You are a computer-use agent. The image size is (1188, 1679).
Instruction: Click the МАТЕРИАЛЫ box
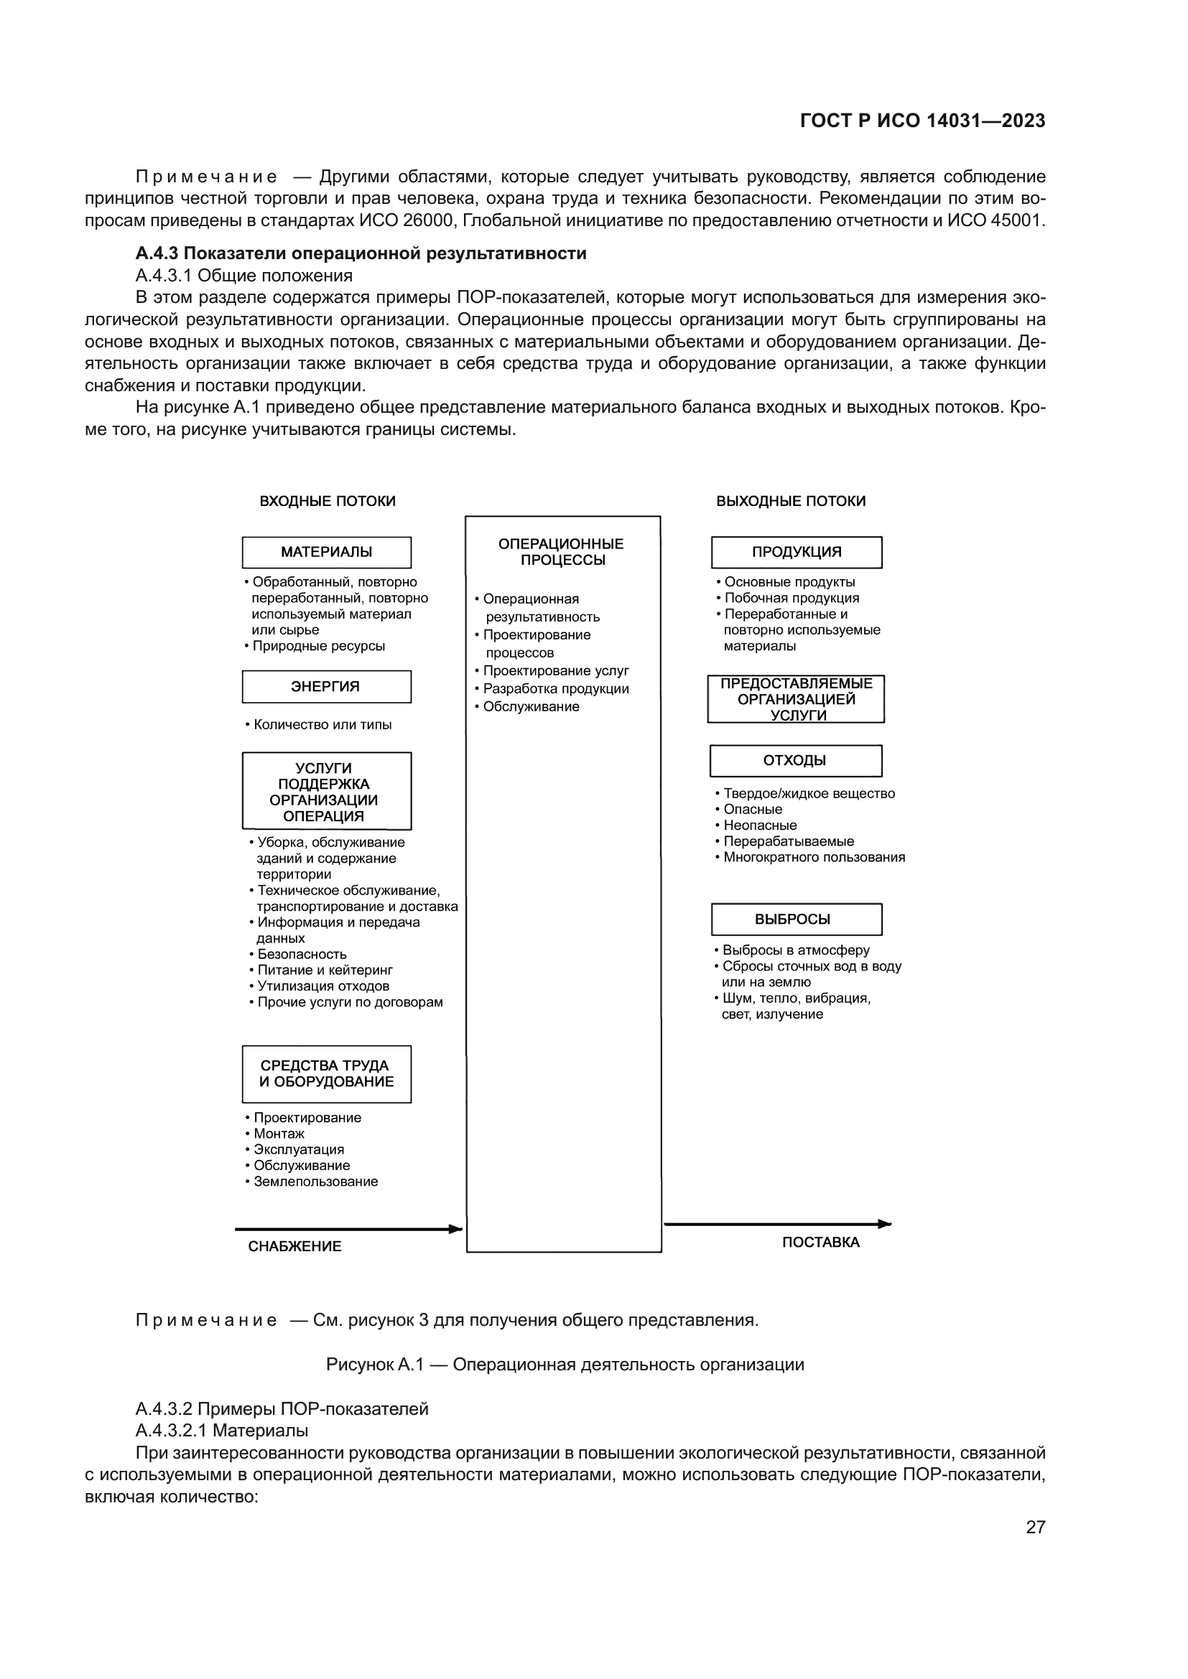(326, 552)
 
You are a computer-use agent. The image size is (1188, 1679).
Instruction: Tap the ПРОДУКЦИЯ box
(796, 552)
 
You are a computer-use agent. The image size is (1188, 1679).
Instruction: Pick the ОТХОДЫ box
(795, 760)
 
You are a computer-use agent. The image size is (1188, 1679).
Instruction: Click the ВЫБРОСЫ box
(796, 920)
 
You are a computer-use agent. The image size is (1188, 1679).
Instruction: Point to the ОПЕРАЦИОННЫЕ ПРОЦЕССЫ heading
(561, 552)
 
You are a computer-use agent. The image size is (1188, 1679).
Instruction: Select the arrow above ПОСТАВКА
(777, 1224)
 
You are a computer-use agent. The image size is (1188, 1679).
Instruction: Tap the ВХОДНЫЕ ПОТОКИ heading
(327, 501)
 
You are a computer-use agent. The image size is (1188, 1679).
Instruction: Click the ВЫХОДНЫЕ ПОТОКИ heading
(790, 501)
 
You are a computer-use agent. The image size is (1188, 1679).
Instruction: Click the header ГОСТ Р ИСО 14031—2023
(922, 121)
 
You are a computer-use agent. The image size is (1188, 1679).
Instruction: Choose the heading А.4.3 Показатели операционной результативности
(361, 253)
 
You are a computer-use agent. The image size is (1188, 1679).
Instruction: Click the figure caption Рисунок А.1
(565, 1365)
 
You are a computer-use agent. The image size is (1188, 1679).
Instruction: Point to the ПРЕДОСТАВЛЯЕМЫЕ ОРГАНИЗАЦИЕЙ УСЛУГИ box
(796, 699)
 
